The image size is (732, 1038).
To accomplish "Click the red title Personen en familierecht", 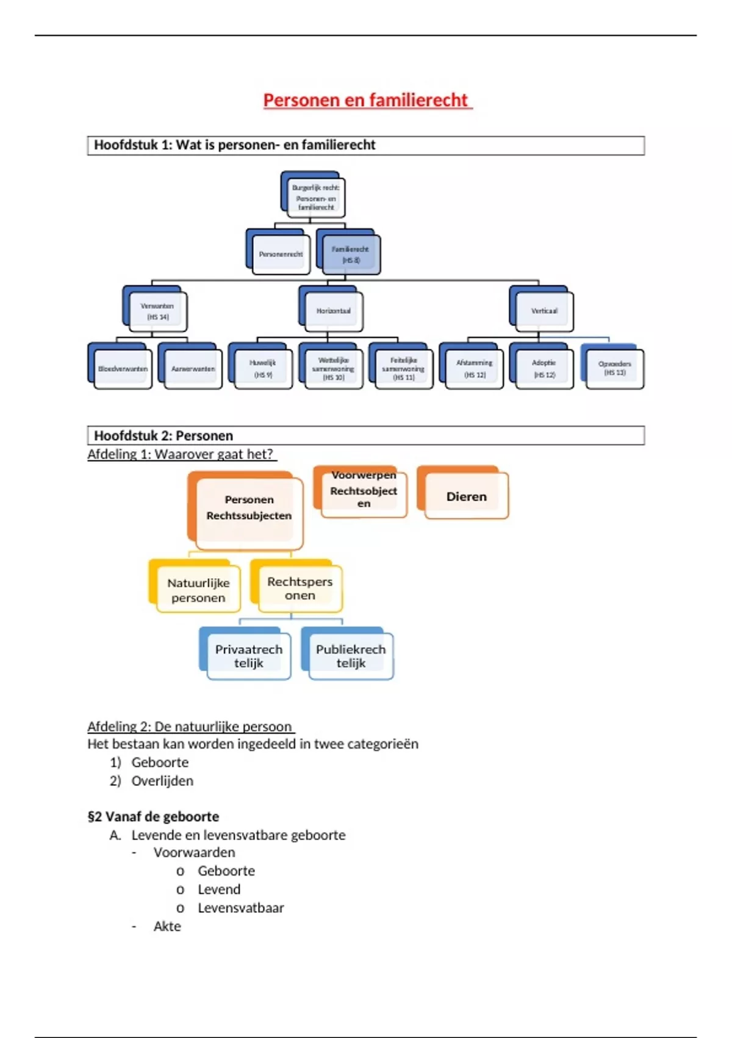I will pyautogui.click(x=367, y=100).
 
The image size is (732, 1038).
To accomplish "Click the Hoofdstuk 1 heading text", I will pyautogui.click(x=234, y=145).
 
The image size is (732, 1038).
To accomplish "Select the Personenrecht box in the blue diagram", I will pyautogui.click(x=281, y=254).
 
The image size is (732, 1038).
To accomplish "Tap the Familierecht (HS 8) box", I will pyautogui.click(x=351, y=254).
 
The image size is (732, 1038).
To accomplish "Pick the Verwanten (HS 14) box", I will pyautogui.click(x=157, y=311).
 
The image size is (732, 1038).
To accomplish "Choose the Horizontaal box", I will pyautogui.click(x=333, y=311).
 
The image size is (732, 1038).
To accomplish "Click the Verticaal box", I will pyautogui.click(x=544, y=311).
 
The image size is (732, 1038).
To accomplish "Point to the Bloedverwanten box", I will pyautogui.click(x=123, y=369).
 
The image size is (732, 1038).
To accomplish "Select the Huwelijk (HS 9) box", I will pyautogui.click(x=263, y=369).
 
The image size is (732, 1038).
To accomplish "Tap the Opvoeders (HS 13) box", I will pyautogui.click(x=614, y=369).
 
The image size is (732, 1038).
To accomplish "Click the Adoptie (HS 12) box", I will pyautogui.click(x=544, y=369).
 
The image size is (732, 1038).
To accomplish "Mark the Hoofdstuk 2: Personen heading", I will pyautogui.click(x=163, y=436).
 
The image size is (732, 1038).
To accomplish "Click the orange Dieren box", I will pyautogui.click(x=467, y=496).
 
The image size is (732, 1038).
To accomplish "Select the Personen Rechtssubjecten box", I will pyautogui.click(x=249, y=508).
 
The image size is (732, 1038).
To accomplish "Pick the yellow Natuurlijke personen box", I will pyautogui.click(x=198, y=590).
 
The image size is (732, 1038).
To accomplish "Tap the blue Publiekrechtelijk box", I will pyautogui.click(x=351, y=656).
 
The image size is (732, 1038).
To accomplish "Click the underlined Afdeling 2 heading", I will pyautogui.click(x=190, y=727).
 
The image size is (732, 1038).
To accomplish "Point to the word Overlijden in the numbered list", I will pyautogui.click(x=162, y=781).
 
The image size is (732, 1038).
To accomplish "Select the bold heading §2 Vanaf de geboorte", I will pyautogui.click(x=153, y=817).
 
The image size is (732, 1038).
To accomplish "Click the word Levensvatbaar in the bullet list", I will pyautogui.click(x=241, y=908).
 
